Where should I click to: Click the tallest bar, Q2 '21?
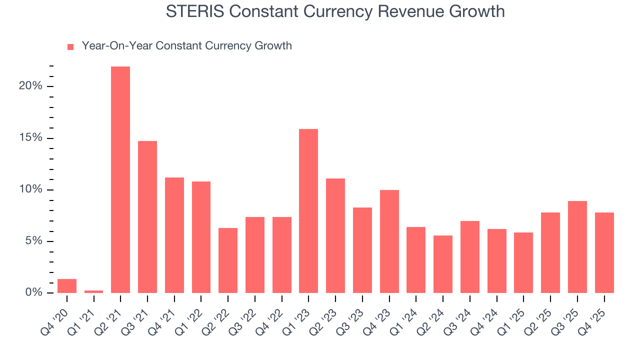point(120,180)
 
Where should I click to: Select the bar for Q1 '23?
point(308,211)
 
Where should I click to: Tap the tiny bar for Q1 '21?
point(93,291)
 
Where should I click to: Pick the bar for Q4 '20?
point(67,286)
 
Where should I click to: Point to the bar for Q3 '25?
point(577,247)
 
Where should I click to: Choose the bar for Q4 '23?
point(389,241)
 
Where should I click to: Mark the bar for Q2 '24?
point(443,264)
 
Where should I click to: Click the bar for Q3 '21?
point(147,217)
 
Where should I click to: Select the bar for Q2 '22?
point(228,260)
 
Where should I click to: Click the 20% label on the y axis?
point(30,86)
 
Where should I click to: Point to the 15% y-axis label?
point(30,138)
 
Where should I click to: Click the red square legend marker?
point(70,46)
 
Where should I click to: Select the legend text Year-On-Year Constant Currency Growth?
point(186,46)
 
